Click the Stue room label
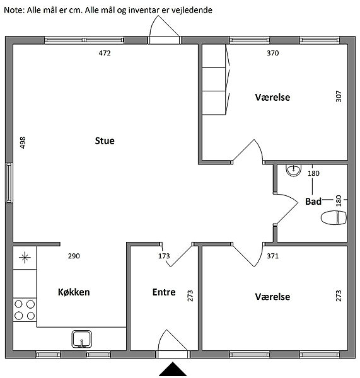(105, 140)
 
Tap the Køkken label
(74, 292)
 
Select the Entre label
(164, 292)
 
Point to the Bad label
(313, 202)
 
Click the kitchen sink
(82, 339)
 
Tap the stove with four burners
(25, 310)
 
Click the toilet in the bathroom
(334, 217)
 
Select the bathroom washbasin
(293, 170)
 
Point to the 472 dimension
(105, 53)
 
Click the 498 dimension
(23, 143)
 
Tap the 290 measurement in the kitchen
(74, 256)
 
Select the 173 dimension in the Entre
(164, 256)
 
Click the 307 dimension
(339, 96)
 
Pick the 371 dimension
(272, 256)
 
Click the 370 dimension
(272, 53)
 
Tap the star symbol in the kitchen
(25, 258)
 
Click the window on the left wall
(9, 183)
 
